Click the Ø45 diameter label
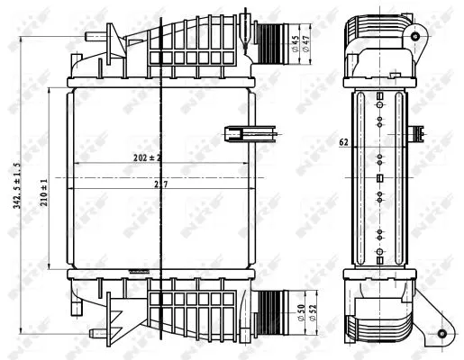[296, 43]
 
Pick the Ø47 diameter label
[307, 43]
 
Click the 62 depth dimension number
[344, 141]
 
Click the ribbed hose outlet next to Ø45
[270, 39]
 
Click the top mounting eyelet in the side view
[414, 35]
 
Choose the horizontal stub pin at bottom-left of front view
[86, 307]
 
